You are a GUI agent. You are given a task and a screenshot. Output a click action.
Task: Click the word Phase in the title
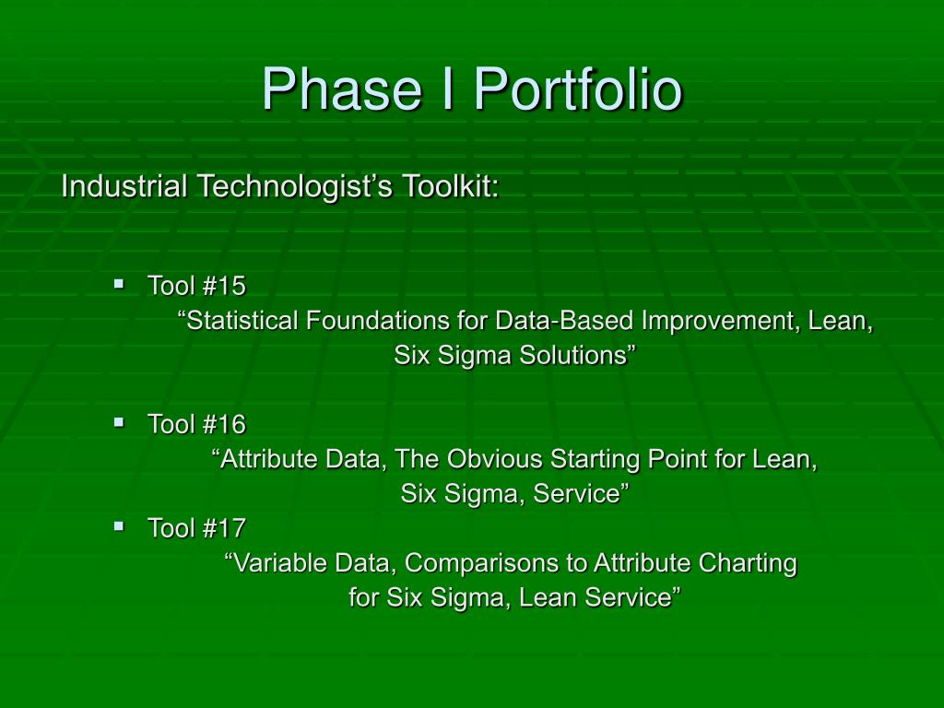click(x=341, y=89)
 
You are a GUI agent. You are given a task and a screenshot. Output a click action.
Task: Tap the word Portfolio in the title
click(x=578, y=89)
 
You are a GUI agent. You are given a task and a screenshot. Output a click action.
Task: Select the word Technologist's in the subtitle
click(x=295, y=186)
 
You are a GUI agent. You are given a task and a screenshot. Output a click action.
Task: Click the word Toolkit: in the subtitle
click(x=451, y=185)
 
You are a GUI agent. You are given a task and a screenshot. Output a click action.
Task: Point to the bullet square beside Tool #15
click(x=119, y=282)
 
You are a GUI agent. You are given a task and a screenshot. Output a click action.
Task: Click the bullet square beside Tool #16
click(x=119, y=421)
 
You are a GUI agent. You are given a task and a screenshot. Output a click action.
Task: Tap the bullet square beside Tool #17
click(x=119, y=525)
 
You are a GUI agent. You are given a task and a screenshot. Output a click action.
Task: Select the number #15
click(x=225, y=286)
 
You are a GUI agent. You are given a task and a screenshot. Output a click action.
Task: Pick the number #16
click(x=225, y=424)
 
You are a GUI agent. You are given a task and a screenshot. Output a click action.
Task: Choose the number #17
click(x=225, y=528)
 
